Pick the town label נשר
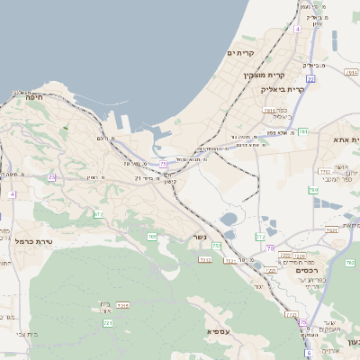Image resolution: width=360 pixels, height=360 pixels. pyautogui.click(x=199, y=238)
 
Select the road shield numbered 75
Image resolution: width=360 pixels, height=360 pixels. pyautogui.click(x=163, y=164)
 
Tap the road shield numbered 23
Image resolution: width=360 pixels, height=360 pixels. pyautogui.click(x=52, y=178)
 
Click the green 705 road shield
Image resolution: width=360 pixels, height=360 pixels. pyautogui.click(x=152, y=237)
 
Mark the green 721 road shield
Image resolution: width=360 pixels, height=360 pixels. pyautogui.click(x=108, y=322)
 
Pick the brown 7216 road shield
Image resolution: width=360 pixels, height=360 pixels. pyautogui.click(x=204, y=259)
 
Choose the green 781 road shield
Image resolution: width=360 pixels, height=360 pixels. pyautogui.click(x=303, y=131)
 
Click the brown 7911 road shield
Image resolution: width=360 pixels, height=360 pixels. pyautogui.click(x=269, y=110)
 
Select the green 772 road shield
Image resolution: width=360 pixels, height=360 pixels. pyautogui.click(x=258, y=237)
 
